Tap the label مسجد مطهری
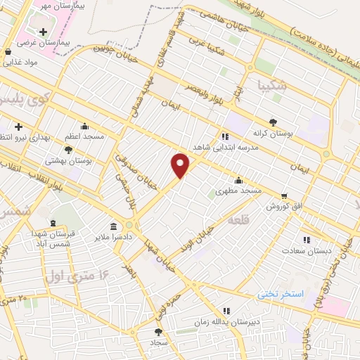238,191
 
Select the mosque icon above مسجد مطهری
238,180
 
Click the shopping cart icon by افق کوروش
283,196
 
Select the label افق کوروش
283,207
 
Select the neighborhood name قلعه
239,221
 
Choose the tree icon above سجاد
157,332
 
